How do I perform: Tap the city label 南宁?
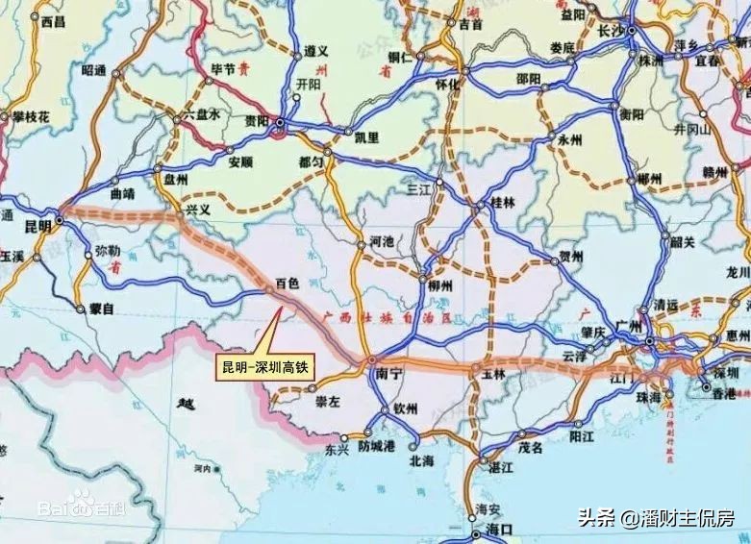point(388,370)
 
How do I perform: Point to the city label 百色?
point(288,284)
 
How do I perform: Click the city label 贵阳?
point(257,121)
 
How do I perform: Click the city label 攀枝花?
point(31,116)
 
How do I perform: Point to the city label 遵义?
point(316,49)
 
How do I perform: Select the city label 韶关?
point(683,242)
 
